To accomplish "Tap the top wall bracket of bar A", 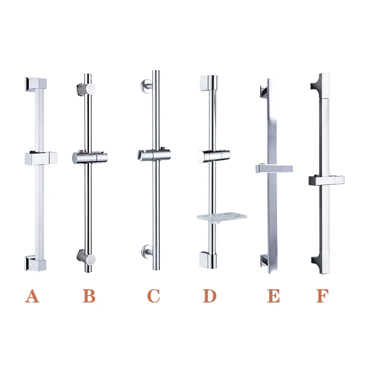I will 36,83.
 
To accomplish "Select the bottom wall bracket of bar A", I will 36,263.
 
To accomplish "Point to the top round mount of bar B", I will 87,89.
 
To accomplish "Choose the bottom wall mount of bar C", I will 147,250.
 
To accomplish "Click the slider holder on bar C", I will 153,155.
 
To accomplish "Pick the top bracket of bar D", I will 209,83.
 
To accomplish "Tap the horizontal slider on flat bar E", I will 274,168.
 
